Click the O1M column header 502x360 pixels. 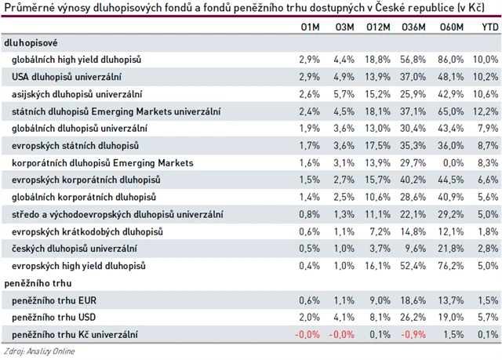[311, 27]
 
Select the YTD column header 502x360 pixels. [488, 27]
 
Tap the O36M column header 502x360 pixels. [413, 27]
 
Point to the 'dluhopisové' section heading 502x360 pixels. [31, 42]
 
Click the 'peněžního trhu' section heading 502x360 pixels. [36, 283]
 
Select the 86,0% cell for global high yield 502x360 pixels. [449, 59]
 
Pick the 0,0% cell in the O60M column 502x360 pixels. [451, 162]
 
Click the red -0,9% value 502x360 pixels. [414, 335]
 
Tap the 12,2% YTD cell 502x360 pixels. [486, 111]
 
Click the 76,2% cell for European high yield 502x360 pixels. [449, 266]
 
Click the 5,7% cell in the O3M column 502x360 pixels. [344, 93]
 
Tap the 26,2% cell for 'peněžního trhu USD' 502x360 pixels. [414, 318]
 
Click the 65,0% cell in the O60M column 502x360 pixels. [449, 111]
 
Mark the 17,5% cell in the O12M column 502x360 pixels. [378, 145]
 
